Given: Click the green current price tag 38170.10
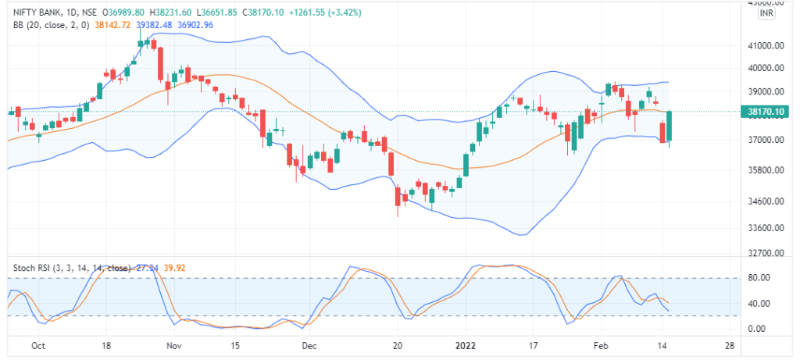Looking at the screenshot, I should (766, 112).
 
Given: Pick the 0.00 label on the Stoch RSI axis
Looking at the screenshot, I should (755, 329).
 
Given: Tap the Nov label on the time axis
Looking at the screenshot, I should (174, 344).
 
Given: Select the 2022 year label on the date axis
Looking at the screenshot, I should (466, 344).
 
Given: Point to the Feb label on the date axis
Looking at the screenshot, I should (600, 344).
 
